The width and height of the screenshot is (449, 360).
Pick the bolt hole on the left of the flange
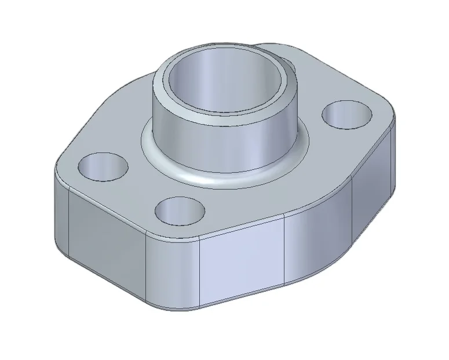[x=103, y=166]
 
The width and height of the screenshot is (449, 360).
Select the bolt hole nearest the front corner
[x=180, y=212]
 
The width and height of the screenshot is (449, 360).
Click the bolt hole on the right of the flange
[x=346, y=114]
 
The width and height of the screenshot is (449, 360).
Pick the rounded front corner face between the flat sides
[x=174, y=272]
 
